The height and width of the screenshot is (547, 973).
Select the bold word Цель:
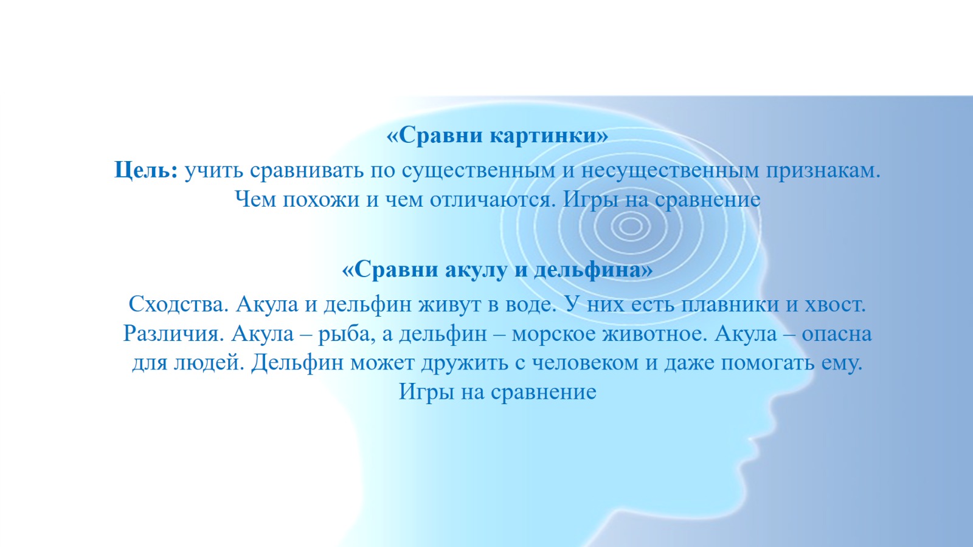click(147, 170)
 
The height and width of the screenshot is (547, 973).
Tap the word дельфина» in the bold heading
click(594, 270)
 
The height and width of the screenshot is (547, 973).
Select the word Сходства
click(179, 304)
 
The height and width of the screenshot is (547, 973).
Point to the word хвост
click(836, 304)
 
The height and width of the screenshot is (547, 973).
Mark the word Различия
click(173, 334)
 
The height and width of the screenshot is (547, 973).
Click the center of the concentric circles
click(630, 226)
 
